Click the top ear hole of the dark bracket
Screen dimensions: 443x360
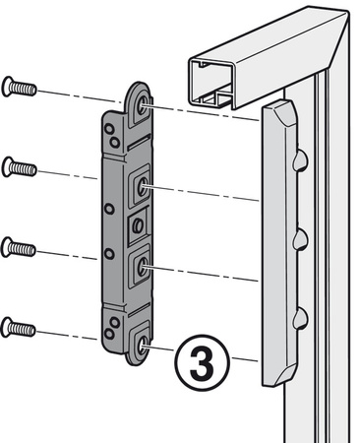[x=144, y=103]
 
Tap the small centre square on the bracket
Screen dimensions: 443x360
[x=137, y=225]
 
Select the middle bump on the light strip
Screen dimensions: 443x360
[x=299, y=237]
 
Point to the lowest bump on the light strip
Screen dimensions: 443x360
[x=299, y=315]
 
